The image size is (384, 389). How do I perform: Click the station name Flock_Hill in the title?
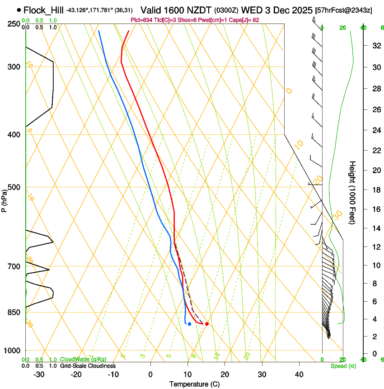point(44,10)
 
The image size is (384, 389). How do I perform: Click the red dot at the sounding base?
point(207,324)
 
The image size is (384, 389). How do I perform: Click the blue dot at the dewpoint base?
point(189,324)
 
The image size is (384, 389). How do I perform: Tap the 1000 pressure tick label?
point(13,351)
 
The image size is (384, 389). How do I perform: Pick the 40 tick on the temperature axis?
point(299,374)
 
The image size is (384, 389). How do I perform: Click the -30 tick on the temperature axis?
point(39,374)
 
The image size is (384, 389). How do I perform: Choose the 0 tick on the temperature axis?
point(150,374)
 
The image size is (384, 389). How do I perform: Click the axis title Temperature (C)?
point(194,384)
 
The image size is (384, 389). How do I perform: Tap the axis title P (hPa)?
point(4,200)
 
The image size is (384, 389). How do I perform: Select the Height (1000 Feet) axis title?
point(353,193)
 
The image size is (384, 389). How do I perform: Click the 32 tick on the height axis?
point(375,46)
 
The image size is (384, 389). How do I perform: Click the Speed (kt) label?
point(343,366)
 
